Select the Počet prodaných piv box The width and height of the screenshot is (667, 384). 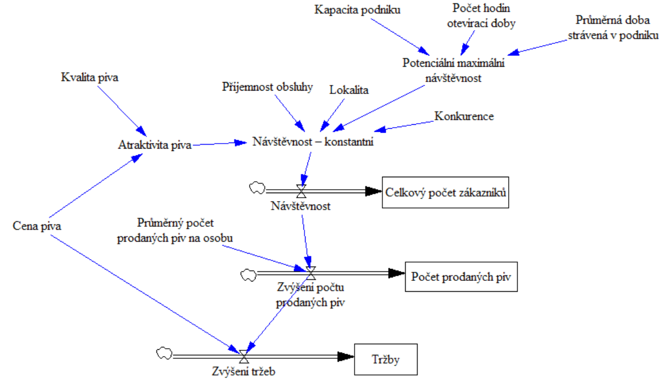click(x=462, y=277)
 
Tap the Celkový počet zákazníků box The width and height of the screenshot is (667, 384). click(x=445, y=193)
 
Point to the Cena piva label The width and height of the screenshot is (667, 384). click(x=37, y=226)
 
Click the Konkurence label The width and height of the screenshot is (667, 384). click(x=464, y=116)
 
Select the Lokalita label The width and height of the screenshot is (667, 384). click(x=349, y=90)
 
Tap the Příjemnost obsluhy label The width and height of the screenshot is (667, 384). click(x=267, y=87)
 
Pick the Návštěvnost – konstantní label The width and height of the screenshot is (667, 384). click(x=312, y=142)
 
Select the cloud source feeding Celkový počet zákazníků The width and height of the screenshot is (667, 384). click(x=257, y=187)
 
